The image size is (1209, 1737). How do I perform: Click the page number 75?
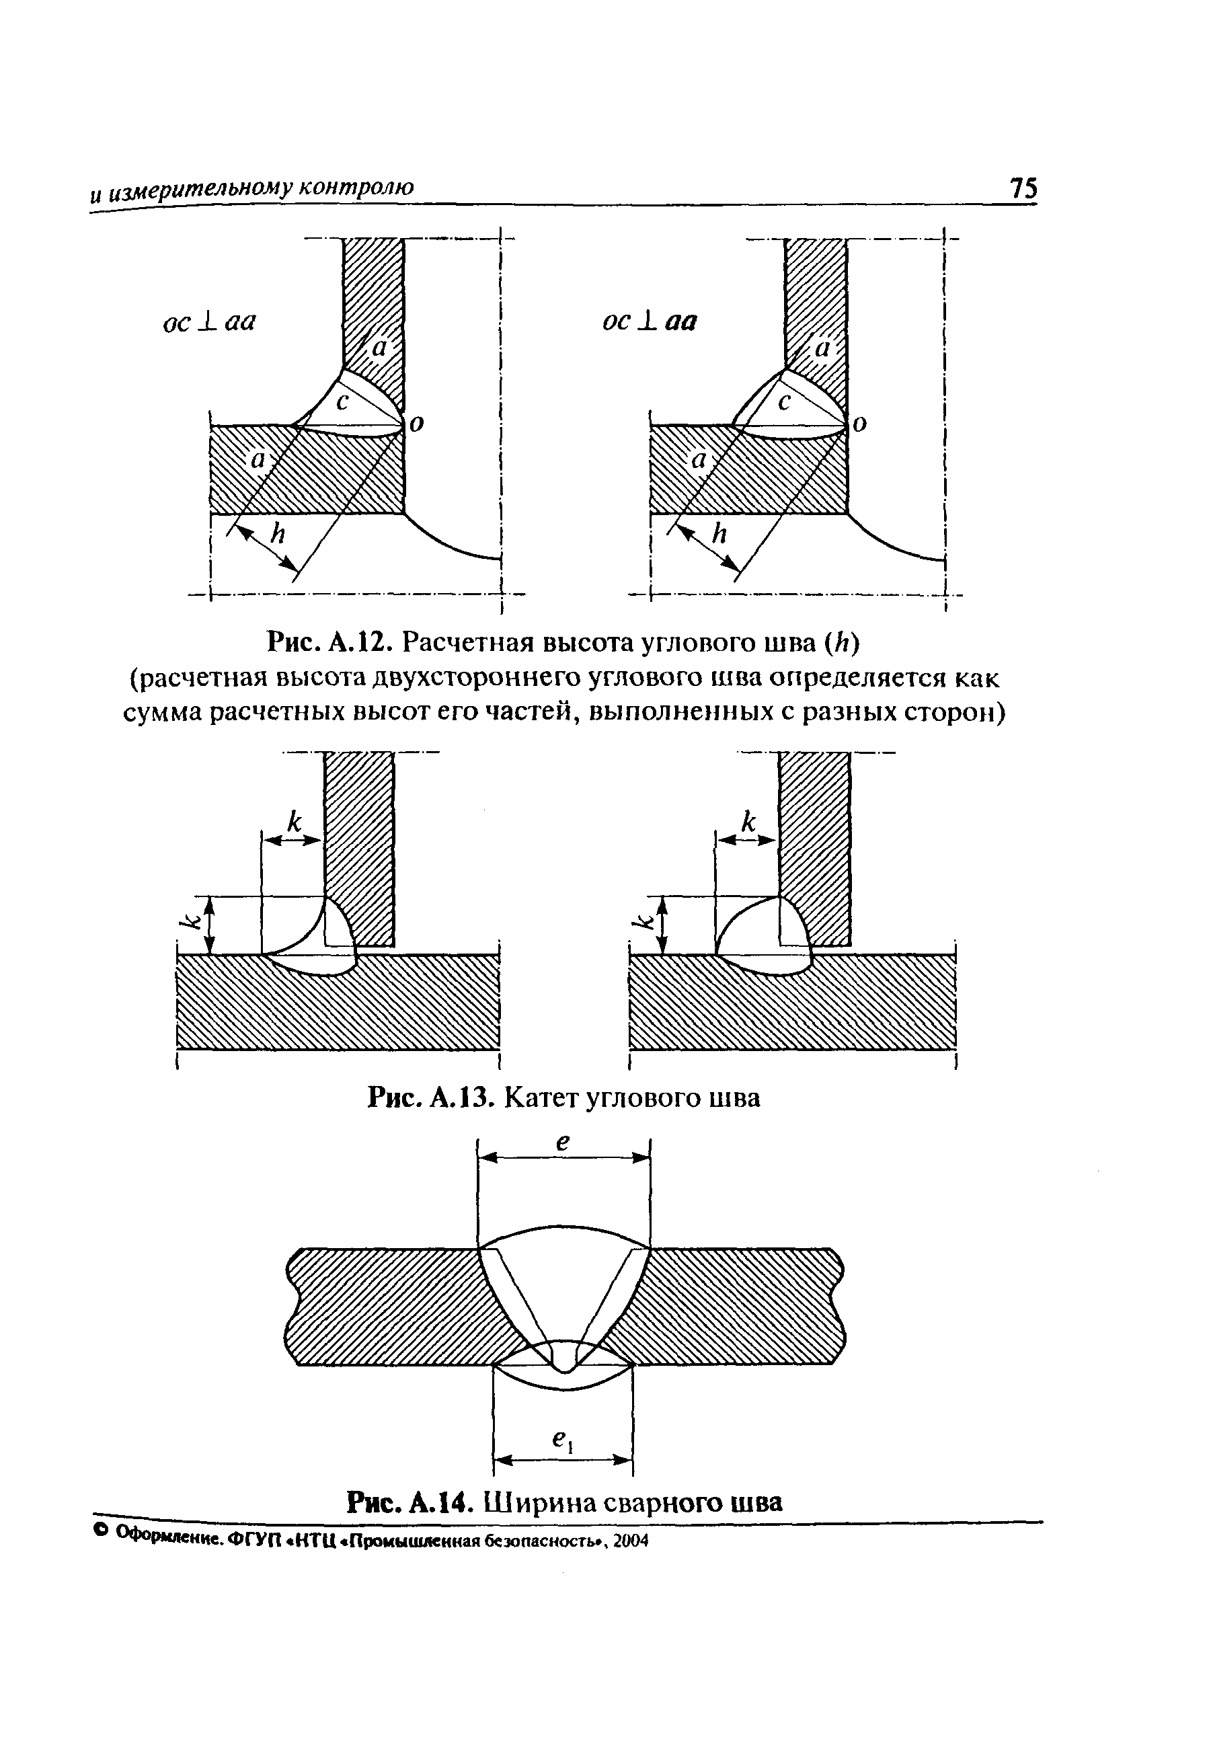click(1023, 188)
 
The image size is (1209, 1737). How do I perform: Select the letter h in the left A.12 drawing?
click(278, 534)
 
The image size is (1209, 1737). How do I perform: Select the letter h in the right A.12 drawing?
click(719, 534)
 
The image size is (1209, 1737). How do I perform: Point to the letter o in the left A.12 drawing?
click(416, 424)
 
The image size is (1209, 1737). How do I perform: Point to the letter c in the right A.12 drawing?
click(784, 402)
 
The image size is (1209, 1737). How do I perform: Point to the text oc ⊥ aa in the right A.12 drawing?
click(649, 321)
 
